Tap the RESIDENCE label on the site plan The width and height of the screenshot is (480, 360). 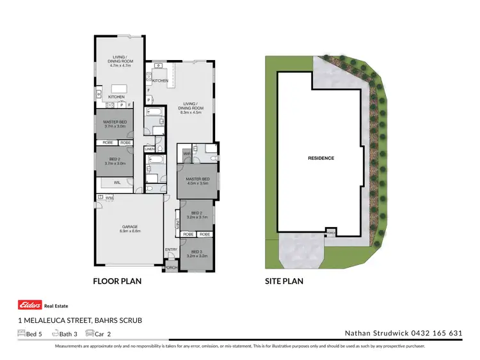point(321,158)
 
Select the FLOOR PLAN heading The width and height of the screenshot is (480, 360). point(117,281)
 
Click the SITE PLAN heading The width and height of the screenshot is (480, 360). point(284,281)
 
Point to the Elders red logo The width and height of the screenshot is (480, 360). point(30,305)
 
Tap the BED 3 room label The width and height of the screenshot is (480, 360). point(198,251)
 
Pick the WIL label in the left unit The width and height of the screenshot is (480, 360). point(117,183)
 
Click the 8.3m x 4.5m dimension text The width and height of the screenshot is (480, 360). point(190,113)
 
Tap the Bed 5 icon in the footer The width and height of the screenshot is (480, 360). point(20,333)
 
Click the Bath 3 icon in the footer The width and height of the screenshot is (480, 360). point(56,333)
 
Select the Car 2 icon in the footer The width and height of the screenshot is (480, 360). point(90,333)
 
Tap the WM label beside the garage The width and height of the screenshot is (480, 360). point(109,198)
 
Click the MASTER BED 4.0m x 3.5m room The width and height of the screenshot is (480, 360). point(198,180)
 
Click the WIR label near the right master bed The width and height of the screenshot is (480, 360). point(187,153)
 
